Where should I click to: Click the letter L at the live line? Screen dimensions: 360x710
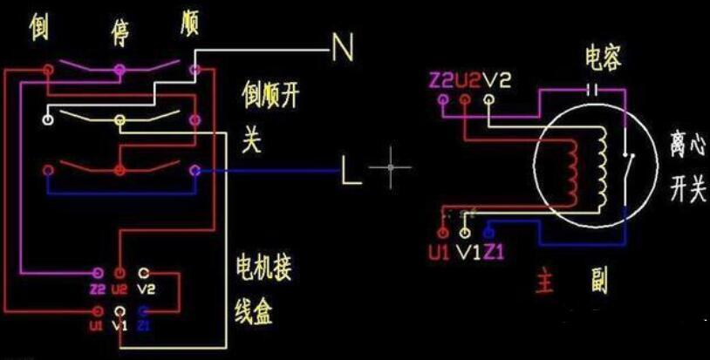[351, 172]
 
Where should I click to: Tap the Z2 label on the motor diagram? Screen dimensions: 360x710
[441, 81]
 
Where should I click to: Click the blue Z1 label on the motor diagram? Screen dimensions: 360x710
[494, 254]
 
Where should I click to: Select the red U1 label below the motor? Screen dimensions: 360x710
[439, 254]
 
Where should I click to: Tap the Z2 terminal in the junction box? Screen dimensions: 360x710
[96, 274]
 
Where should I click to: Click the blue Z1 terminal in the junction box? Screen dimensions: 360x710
[145, 310]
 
